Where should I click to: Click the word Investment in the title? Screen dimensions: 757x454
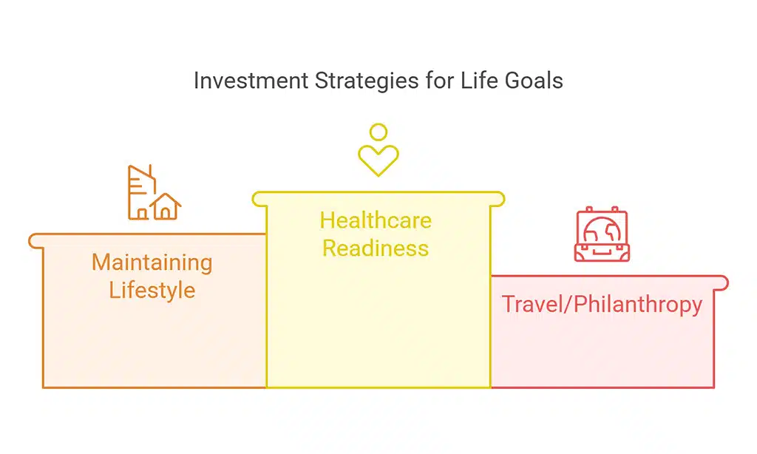[251, 80]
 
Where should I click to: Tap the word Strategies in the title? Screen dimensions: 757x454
[367, 81]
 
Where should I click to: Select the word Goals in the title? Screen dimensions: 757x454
[534, 80]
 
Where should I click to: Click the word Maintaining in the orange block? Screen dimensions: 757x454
[152, 263]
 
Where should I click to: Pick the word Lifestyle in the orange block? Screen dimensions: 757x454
[152, 290]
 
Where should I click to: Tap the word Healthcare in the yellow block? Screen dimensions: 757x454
[376, 220]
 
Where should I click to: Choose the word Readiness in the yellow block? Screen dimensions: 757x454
[376, 248]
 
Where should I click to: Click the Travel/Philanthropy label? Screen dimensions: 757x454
[602, 305]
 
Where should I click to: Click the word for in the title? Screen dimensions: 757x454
[439, 80]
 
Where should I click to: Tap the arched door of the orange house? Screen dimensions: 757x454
[166, 213]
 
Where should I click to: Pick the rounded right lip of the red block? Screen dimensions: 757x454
[721, 283]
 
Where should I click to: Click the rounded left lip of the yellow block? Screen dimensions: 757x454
[259, 200]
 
